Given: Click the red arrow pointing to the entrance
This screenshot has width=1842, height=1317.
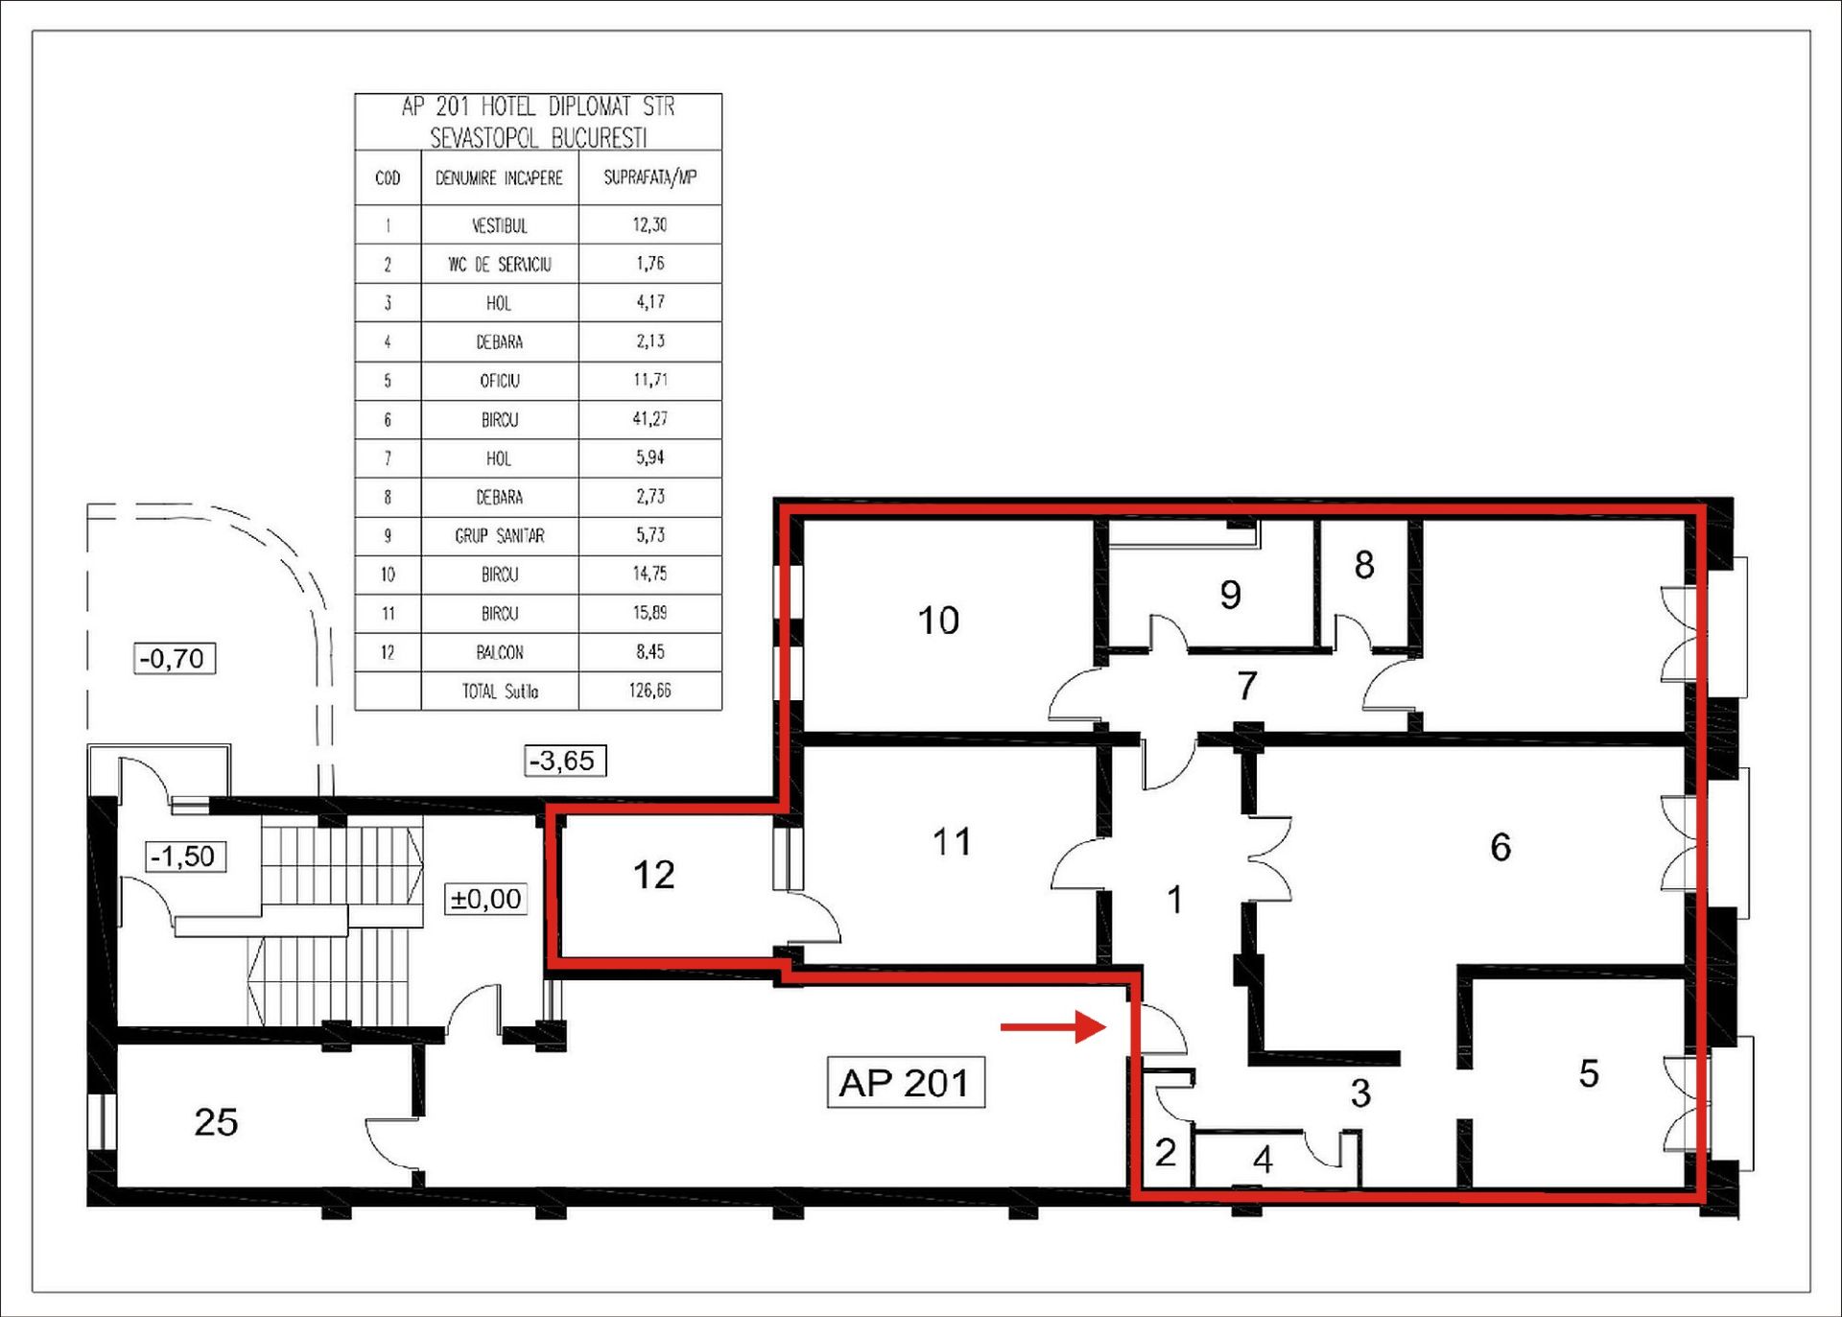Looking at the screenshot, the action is point(1053,1027).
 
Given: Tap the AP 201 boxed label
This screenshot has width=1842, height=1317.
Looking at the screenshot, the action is point(906,1083).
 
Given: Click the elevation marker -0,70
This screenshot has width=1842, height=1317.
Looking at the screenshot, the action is point(174,659).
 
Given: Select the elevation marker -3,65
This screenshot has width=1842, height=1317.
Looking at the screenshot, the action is point(565,761).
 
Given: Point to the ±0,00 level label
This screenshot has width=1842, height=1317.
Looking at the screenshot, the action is point(486,899).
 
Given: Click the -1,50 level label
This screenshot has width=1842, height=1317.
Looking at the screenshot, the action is point(184,857).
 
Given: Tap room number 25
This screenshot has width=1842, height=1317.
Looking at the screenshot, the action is point(216,1122).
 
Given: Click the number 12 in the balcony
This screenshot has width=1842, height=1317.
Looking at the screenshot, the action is point(653,875).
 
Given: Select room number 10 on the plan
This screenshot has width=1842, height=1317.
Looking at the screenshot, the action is point(938,621).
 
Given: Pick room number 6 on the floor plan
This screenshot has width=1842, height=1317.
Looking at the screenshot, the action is point(1500,847).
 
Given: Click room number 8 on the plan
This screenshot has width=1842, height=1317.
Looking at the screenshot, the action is point(1364,565).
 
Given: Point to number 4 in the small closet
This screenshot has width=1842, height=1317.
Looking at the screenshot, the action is point(1263,1161).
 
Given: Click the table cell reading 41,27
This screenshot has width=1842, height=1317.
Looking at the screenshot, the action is point(650,419).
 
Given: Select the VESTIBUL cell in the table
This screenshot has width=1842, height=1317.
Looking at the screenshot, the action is point(500,225).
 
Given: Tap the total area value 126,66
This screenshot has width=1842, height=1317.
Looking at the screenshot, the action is point(650,691).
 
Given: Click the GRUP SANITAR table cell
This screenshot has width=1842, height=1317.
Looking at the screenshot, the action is point(500,536).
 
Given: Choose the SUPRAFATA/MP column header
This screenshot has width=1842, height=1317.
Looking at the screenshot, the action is point(650,177).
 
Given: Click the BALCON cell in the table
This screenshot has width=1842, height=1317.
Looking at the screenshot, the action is point(500,652).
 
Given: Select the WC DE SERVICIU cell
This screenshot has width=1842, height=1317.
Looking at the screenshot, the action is point(500,264).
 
